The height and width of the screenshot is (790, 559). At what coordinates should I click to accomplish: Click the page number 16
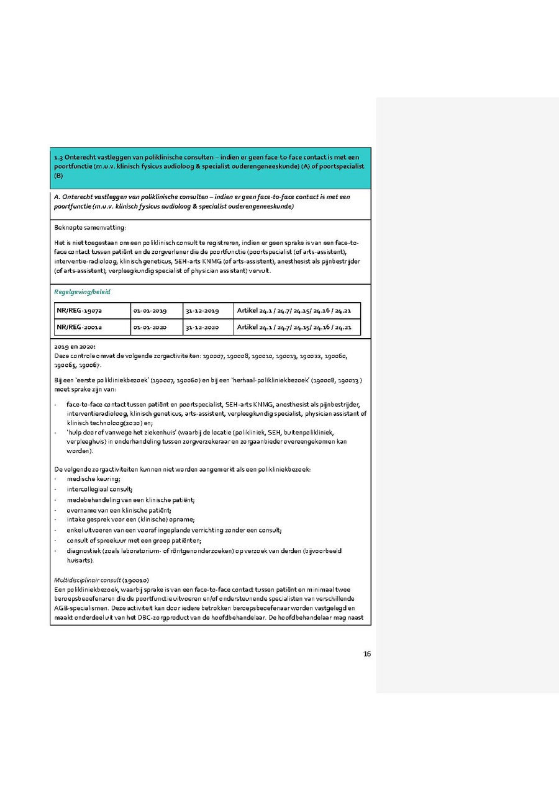tap(367, 653)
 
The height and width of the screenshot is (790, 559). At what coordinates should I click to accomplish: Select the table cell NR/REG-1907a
tap(79, 310)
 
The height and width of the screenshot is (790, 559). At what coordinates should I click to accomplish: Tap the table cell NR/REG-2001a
tap(79, 327)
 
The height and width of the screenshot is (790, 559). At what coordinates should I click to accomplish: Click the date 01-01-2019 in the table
tap(150, 310)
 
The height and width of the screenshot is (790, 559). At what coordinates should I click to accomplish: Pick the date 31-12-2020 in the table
tap(202, 327)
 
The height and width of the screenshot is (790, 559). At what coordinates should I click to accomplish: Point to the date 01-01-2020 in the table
tap(150, 327)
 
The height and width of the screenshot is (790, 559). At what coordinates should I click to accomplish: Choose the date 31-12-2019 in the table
tap(202, 310)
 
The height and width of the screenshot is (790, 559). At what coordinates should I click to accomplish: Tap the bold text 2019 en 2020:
tap(75, 346)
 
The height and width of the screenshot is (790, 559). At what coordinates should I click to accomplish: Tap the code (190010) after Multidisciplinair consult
tap(135, 580)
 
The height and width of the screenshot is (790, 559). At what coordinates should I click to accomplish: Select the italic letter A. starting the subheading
tap(57, 197)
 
